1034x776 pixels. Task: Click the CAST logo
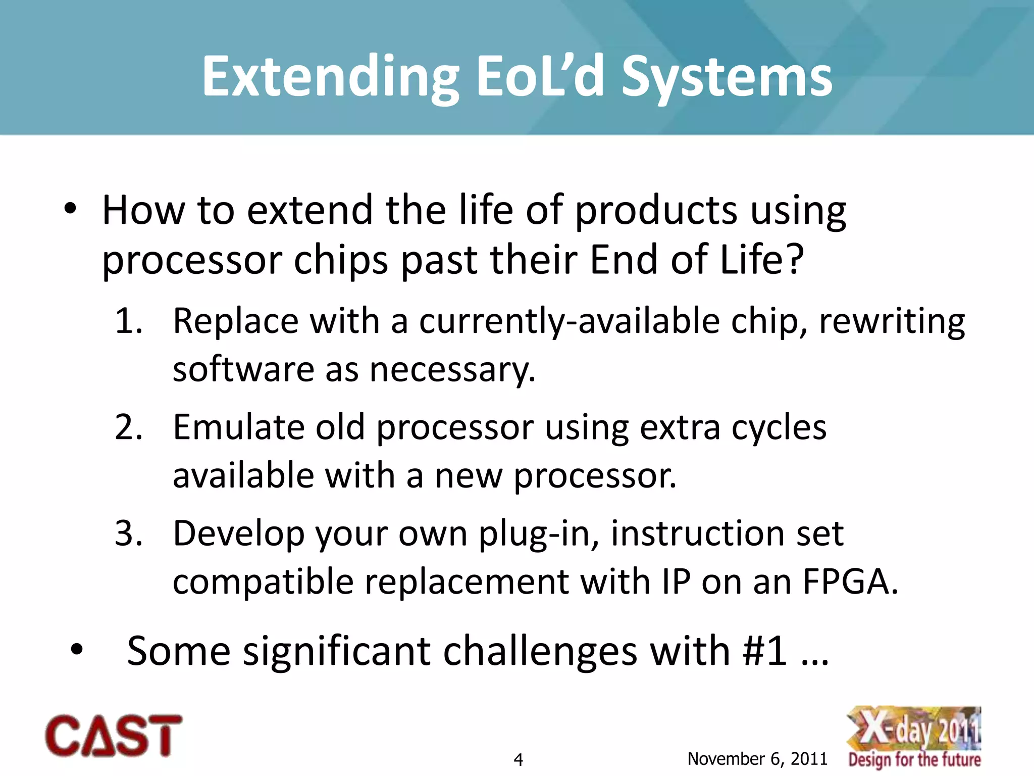114,736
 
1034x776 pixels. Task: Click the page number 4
518,759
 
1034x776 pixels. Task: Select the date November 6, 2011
757,758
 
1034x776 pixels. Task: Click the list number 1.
128,321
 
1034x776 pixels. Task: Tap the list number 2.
128,427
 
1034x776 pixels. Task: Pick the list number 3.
128,533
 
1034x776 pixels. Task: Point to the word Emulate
238,427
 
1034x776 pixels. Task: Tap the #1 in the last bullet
764,652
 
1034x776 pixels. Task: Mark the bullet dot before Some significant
77,650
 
